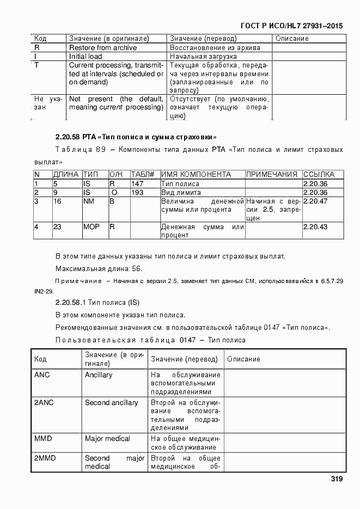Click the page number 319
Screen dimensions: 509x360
tap(336, 479)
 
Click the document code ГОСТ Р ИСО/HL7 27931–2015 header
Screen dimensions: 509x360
tap(291, 26)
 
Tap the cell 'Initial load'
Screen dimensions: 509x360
tap(85, 56)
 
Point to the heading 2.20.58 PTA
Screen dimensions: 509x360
tap(136, 136)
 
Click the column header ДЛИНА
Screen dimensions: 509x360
tap(66, 175)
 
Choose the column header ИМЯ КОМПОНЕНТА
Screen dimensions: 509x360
tap(196, 175)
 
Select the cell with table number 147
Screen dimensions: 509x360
tap(137, 184)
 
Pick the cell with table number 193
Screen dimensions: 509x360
tap(137, 193)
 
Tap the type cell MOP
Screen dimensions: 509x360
tap(91, 227)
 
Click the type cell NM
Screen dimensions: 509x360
tap(89, 201)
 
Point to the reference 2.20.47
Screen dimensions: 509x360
tap(315, 201)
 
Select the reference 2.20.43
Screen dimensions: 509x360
tap(315, 227)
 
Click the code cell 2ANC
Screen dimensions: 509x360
tap(43, 403)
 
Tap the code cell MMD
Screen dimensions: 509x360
tap(44, 439)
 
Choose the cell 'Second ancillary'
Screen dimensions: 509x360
tap(111, 403)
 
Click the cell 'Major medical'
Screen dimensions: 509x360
tap(107, 439)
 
